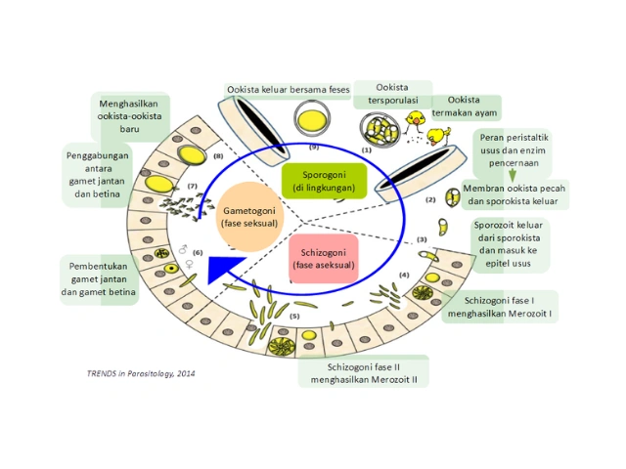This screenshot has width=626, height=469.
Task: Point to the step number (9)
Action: coord(313,146)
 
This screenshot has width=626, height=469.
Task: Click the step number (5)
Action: coord(293,317)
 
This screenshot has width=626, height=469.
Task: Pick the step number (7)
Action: coord(193,185)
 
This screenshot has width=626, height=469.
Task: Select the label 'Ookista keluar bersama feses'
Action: coord(288,90)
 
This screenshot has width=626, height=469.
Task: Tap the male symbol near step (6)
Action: coord(182,249)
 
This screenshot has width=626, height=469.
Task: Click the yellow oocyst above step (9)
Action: coord(310,121)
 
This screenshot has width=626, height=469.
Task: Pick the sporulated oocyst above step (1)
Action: coord(377,129)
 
